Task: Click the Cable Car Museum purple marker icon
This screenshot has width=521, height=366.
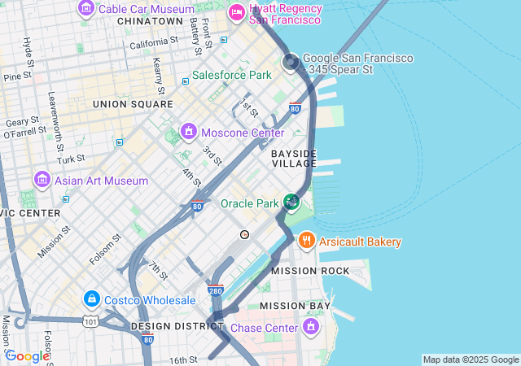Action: click(86, 8)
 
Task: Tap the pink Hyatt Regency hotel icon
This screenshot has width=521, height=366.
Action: click(237, 12)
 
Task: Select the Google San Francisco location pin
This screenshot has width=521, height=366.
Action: click(291, 62)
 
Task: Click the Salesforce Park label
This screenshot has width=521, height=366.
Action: click(231, 76)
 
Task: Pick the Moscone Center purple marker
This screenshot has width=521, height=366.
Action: click(189, 131)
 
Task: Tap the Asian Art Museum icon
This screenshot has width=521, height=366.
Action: click(42, 179)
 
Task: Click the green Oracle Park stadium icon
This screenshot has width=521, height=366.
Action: click(291, 202)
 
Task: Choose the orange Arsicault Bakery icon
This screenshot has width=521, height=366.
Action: click(307, 240)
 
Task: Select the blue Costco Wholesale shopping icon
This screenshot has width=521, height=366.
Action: click(91, 300)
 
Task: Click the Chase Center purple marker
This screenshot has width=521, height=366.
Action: click(310, 327)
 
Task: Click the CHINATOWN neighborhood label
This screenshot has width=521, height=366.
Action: click(150, 21)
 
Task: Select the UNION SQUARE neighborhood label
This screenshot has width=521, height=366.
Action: click(133, 104)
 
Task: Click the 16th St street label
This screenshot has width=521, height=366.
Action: click(183, 359)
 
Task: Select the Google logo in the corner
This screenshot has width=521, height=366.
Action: click(28, 356)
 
